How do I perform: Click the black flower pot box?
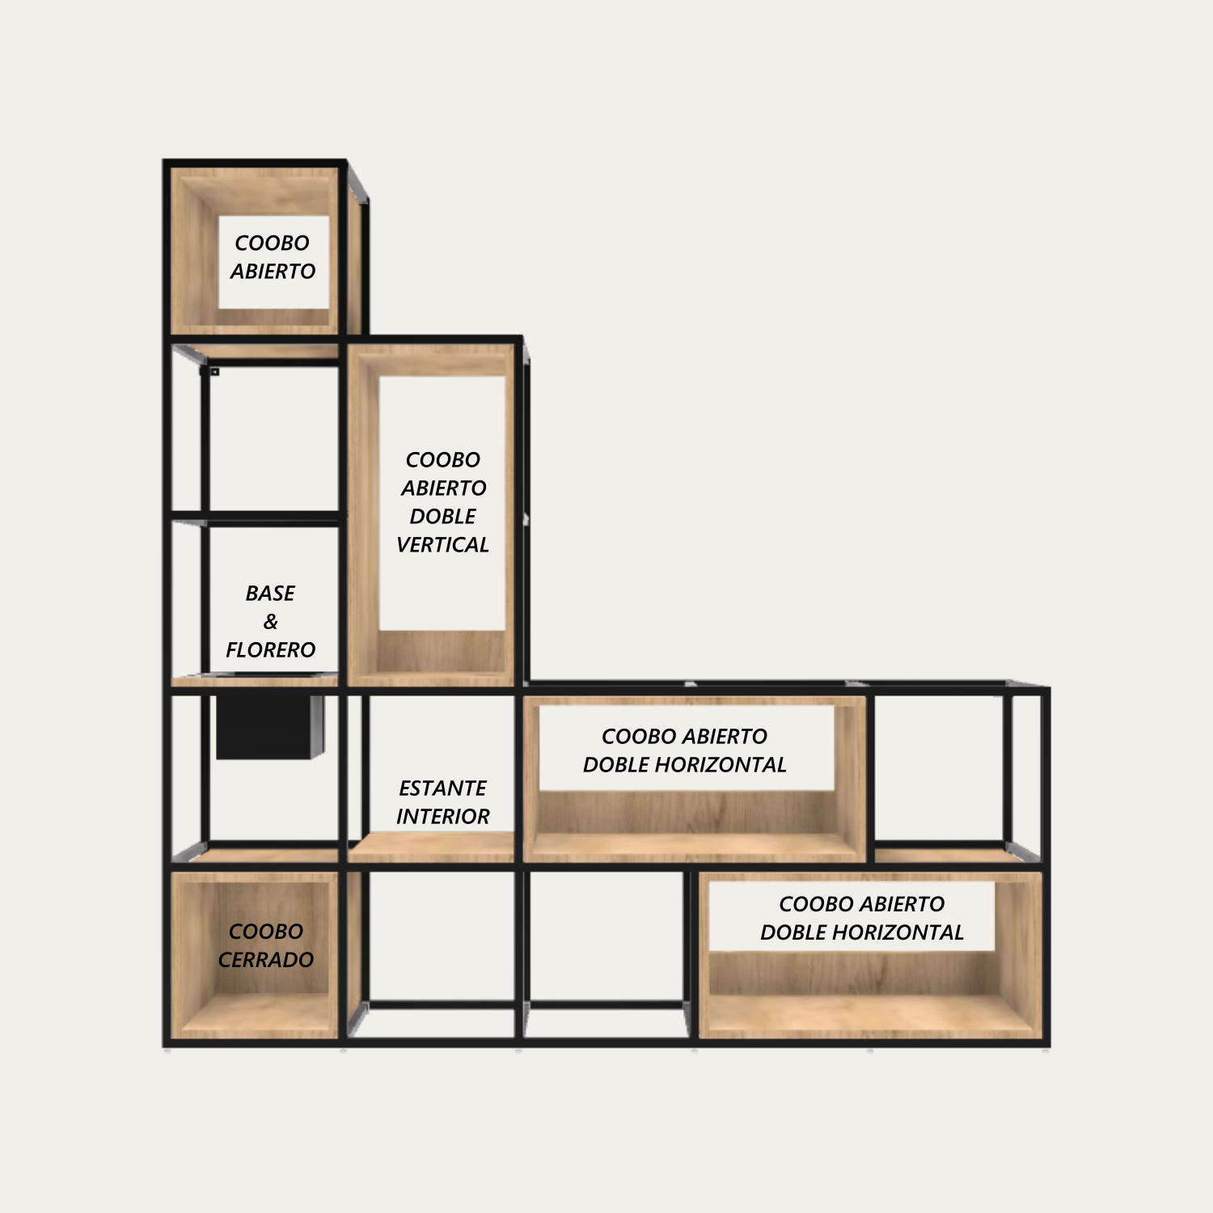pyautogui.click(x=270, y=726)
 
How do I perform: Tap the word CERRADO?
pyautogui.click(x=266, y=960)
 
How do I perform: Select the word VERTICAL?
pyautogui.click(x=443, y=545)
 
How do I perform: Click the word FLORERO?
pyautogui.click(x=271, y=650)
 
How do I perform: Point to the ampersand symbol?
pyautogui.click(x=271, y=622)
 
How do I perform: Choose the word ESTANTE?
pyautogui.click(x=443, y=788)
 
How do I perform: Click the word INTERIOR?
pyautogui.click(x=443, y=817)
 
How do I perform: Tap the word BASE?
pyautogui.click(x=271, y=594)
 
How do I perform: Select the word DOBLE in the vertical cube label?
pyautogui.click(x=443, y=517)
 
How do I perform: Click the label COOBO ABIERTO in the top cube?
pyautogui.click(x=273, y=257)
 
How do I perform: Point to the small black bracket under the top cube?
pyautogui.click(x=213, y=371)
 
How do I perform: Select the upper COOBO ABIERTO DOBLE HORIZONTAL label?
pyautogui.click(x=685, y=750)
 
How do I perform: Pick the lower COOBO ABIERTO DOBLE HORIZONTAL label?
pyautogui.click(x=862, y=918)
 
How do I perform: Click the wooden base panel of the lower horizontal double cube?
pyautogui.click(x=870, y=1014)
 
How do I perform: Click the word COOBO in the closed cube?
pyautogui.click(x=266, y=932)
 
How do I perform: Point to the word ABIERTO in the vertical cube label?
pyautogui.click(x=444, y=488)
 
